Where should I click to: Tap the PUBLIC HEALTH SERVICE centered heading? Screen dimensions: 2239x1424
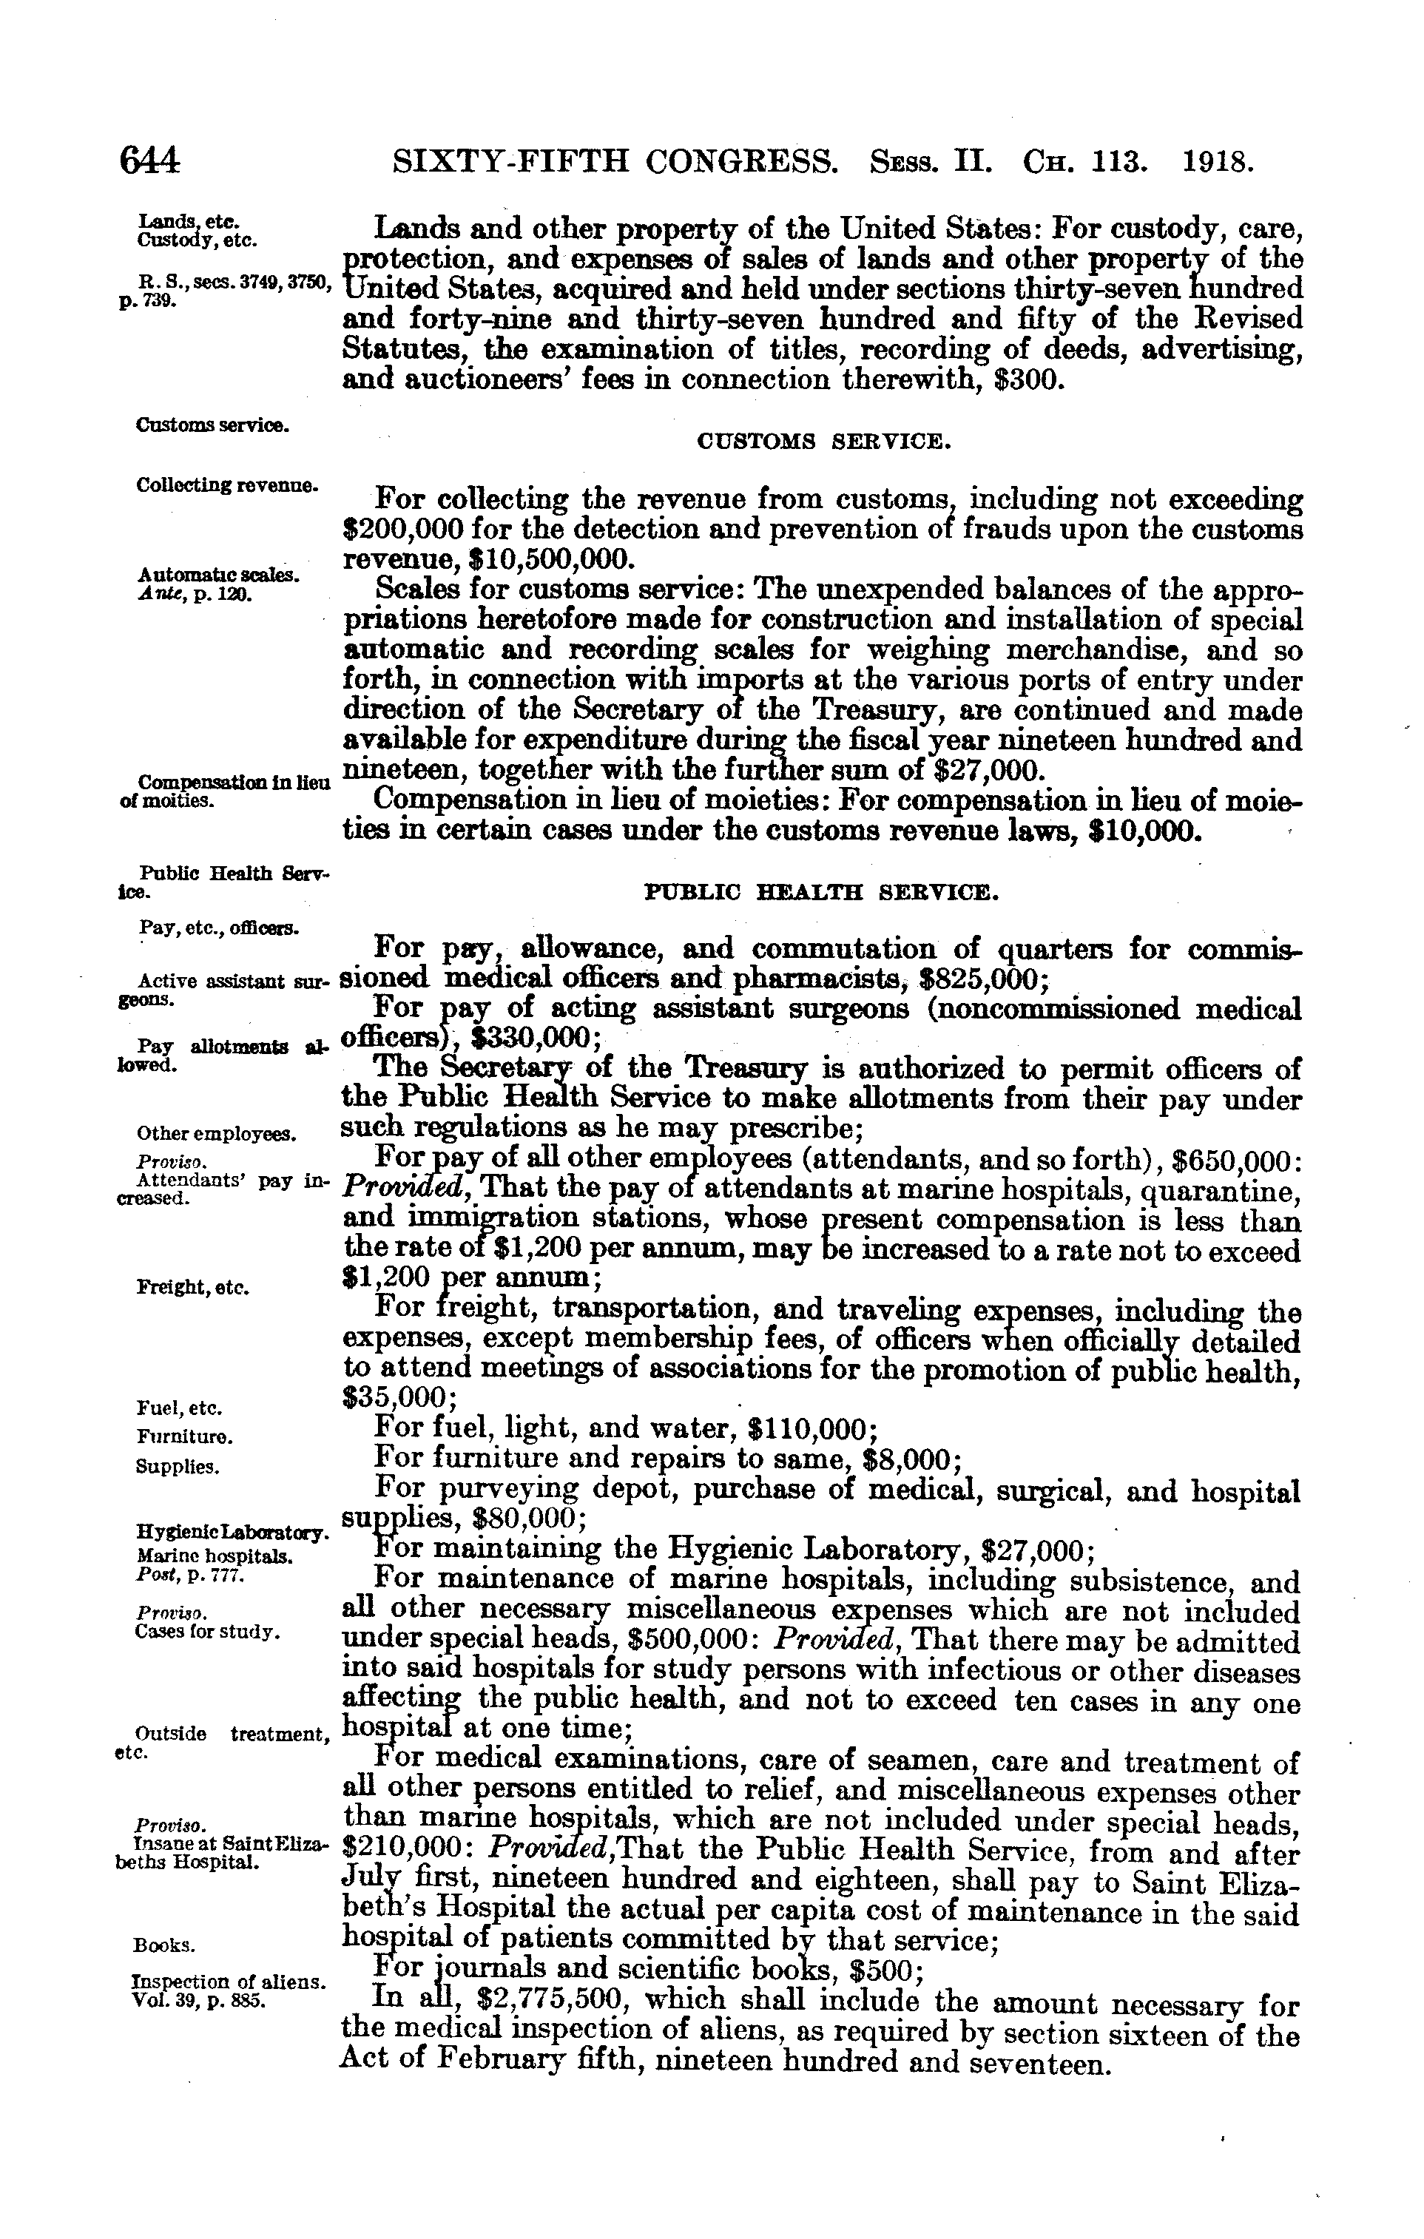click(x=822, y=894)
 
